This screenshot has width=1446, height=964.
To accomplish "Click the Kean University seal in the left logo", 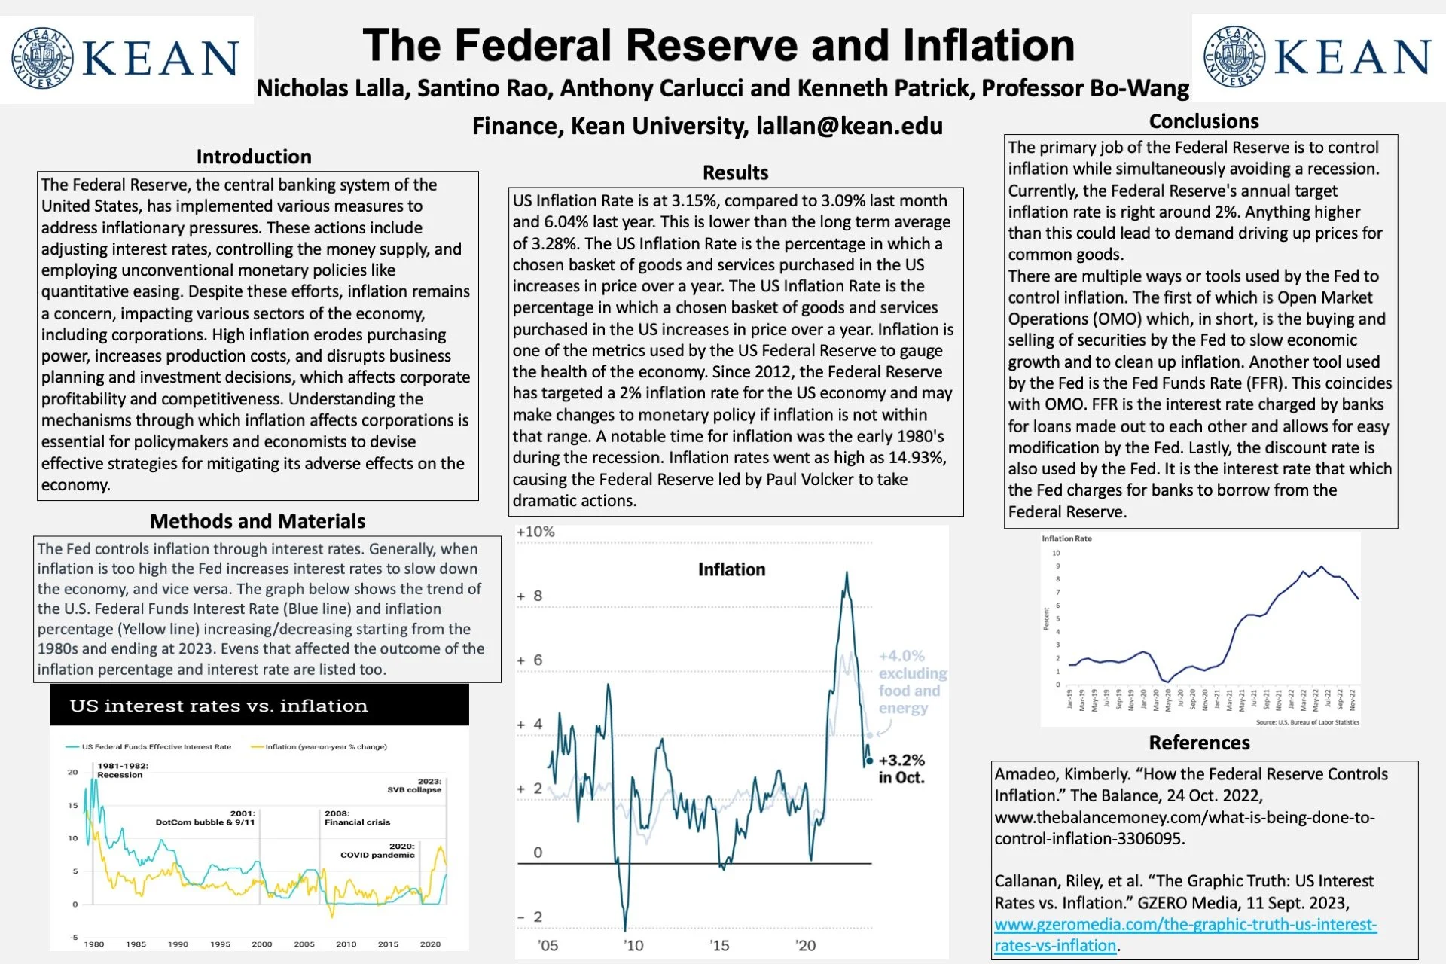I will [x=42, y=58].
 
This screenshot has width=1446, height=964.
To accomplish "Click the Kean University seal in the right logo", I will [x=1234, y=56].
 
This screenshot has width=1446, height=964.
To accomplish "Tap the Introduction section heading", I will [x=254, y=157].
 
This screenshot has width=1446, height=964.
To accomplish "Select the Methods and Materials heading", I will [x=258, y=521].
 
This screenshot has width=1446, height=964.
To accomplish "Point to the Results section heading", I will [x=735, y=172].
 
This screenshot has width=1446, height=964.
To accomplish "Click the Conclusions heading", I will [x=1203, y=121].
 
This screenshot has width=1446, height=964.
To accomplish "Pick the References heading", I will [x=1199, y=743].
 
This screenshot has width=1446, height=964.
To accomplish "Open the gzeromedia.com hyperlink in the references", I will [x=1185, y=935].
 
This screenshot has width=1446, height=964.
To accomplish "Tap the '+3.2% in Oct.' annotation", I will [x=901, y=769].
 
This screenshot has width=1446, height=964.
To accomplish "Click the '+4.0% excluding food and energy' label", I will [x=912, y=682].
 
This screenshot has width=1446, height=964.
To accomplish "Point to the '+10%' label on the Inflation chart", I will [x=535, y=532].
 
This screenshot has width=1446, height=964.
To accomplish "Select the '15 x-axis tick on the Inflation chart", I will [x=718, y=945].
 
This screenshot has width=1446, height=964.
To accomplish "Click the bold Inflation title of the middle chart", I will [x=731, y=569].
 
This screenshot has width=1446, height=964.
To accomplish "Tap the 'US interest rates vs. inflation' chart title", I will [x=218, y=706].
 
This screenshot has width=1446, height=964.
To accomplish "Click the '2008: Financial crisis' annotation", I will [x=357, y=818].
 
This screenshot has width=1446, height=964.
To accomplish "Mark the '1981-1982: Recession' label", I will [x=123, y=770].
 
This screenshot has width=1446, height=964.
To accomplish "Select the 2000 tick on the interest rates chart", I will [x=262, y=944].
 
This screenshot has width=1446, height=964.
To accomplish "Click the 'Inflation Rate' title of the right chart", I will [x=1066, y=538].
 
